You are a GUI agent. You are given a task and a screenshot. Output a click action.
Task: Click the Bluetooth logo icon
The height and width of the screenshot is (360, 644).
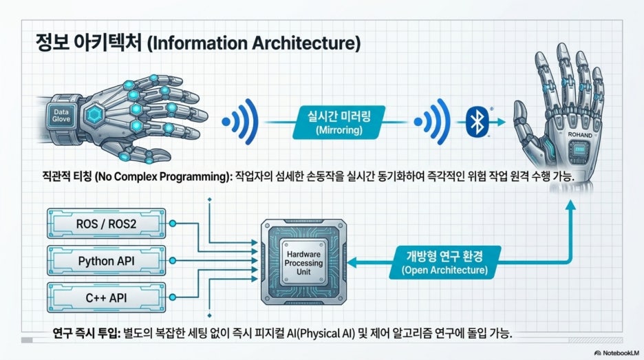[x=477, y=122]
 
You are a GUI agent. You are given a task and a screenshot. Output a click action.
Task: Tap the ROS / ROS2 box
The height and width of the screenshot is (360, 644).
[x=107, y=224]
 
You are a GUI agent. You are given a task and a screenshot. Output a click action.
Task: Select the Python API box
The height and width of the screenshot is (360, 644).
[x=107, y=261]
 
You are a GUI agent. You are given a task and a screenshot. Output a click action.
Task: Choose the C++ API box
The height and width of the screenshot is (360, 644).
[x=107, y=297]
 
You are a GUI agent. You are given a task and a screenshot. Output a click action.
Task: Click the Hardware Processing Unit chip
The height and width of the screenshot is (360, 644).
[x=304, y=263]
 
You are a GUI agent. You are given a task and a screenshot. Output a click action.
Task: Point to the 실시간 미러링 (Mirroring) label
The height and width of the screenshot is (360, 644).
[x=339, y=123]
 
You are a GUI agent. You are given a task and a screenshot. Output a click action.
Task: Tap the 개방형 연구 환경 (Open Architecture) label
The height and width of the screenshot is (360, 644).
[x=444, y=263]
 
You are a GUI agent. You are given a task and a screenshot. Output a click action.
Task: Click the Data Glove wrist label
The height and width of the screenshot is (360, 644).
[x=61, y=116]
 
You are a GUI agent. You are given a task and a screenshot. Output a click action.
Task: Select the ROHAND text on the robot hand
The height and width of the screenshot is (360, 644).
[x=580, y=135]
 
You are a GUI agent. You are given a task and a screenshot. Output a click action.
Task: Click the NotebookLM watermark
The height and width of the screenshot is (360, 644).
[x=616, y=352]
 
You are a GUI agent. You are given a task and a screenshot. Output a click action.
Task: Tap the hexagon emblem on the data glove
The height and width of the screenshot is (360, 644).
[x=94, y=115]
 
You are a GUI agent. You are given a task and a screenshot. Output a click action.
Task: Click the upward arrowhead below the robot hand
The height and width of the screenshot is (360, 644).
[x=570, y=205]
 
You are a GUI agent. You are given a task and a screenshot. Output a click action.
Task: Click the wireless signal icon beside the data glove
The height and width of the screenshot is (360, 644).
[x=240, y=122]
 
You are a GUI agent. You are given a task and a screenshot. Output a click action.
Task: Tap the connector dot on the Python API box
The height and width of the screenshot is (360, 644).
[x=173, y=261]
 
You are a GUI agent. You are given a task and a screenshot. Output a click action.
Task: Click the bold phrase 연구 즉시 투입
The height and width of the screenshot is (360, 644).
[x=86, y=333]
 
